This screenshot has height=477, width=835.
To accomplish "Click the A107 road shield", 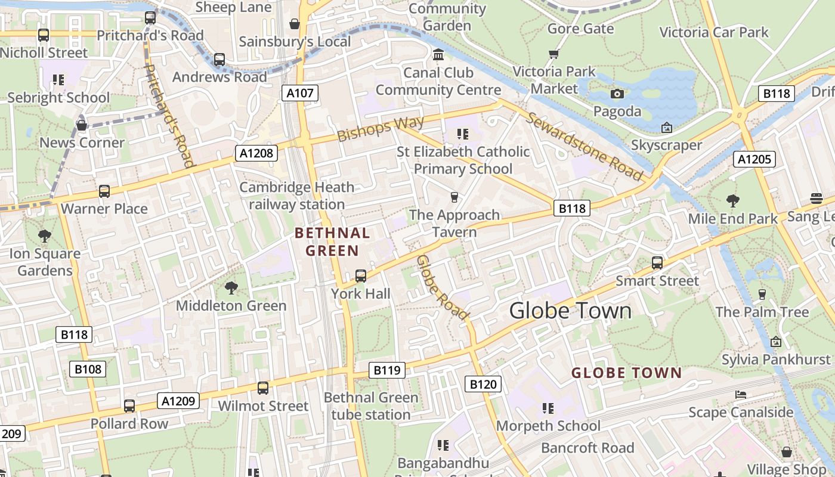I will click(299, 93).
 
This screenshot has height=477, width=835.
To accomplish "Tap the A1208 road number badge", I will click(256, 153).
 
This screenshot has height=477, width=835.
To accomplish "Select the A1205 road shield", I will click(754, 159).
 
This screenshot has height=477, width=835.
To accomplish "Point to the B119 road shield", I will click(386, 370).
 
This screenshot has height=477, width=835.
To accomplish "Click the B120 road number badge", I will click(483, 385).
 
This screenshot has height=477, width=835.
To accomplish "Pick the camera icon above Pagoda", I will click(617, 94).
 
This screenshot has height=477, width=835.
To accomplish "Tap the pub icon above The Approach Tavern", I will click(454, 197).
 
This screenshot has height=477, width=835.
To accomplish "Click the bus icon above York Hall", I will click(361, 276).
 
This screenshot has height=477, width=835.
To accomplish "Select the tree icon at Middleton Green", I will click(231, 289).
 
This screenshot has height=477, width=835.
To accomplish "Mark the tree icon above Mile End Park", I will click(733, 201).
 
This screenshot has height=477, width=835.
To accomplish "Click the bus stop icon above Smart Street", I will click(657, 263).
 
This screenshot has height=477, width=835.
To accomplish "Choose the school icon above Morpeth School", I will click(548, 408).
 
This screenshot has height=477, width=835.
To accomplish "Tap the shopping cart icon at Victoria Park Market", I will click(554, 54).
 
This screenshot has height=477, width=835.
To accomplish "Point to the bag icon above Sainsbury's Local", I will click(294, 24).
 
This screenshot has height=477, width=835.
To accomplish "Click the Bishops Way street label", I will click(381, 128).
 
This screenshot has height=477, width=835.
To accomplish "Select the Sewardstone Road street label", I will click(584, 147).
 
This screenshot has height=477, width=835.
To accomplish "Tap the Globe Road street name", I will click(442, 287).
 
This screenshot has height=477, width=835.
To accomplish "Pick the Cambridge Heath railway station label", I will click(296, 196).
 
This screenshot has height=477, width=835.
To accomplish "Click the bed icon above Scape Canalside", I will click(740, 395).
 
